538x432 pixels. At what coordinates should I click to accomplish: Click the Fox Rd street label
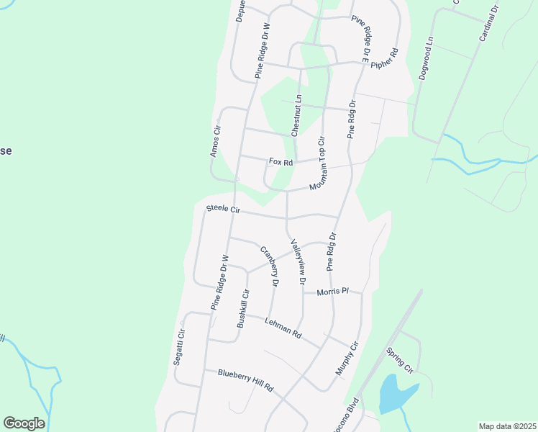pyautogui.click(x=281, y=162)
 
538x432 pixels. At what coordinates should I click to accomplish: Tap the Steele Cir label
pyautogui.click(x=222, y=209)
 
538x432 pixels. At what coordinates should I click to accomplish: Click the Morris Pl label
pyautogui.click(x=332, y=291)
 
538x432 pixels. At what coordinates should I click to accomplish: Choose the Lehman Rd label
pyautogui.click(x=283, y=328)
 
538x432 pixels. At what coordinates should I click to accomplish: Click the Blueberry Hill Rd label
pyautogui.click(x=246, y=378)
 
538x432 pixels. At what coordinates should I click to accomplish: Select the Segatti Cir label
pyautogui.click(x=180, y=347)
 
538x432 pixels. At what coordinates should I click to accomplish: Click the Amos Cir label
pyautogui.click(x=214, y=140)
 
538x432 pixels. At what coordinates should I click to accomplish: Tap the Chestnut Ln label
pyautogui.click(x=297, y=115)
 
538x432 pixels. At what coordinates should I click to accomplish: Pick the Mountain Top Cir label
pyautogui.click(x=318, y=163)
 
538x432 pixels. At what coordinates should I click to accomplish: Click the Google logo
pyautogui.click(x=24, y=423)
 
